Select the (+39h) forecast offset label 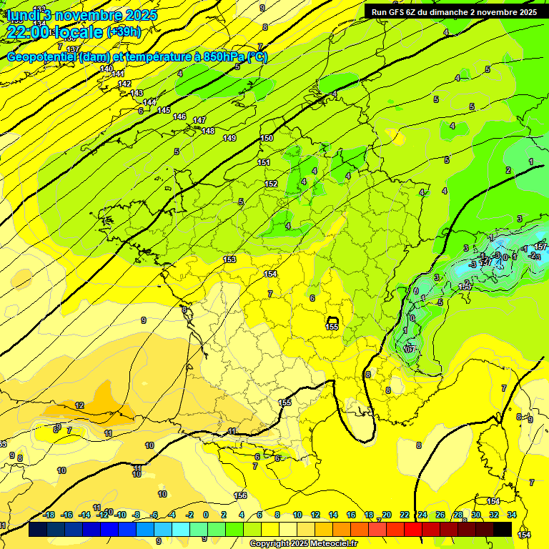pyautogui.click(x=124, y=31)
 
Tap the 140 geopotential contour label pyautogui.click(x=107, y=69)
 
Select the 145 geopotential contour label pyautogui.click(x=164, y=110)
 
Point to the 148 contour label pyautogui.click(x=208, y=131)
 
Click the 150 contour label pyautogui.click(x=267, y=138)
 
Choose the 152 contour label pyautogui.click(x=271, y=184)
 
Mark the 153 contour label pyautogui.click(x=229, y=259)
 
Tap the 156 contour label pyautogui.click(x=241, y=495)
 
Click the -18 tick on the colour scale pyautogui.click(x=49, y=515)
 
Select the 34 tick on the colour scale pyautogui.click(x=512, y=515)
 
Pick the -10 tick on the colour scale pyautogui.click(x=121, y=515)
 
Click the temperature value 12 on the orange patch pyautogui.click(x=79, y=405)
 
